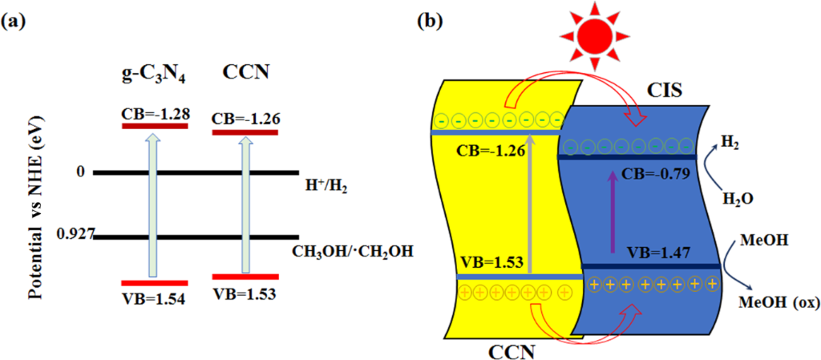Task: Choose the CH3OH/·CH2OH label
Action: click(358, 252)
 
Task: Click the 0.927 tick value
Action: click(76, 235)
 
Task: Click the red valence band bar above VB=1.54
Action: click(153, 283)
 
